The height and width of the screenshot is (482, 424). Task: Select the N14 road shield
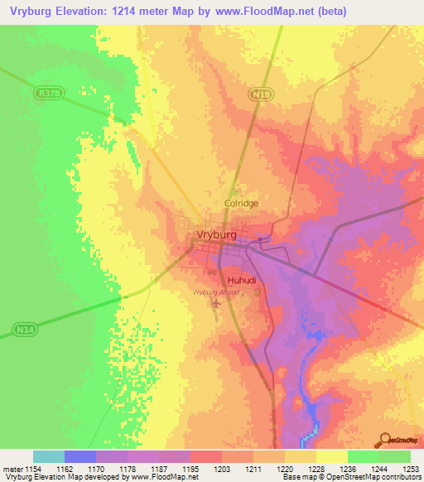pos(24,330)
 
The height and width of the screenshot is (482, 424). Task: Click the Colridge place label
pos(242,203)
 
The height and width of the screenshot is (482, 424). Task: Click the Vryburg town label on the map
pos(218,234)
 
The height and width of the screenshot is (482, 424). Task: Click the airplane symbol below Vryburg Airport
pos(216,305)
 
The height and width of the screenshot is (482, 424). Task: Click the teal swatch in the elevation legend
pos(48,456)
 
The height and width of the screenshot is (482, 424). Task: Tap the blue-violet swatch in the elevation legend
pos(79,456)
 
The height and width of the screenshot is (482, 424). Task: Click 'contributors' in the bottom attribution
pos(400,477)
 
